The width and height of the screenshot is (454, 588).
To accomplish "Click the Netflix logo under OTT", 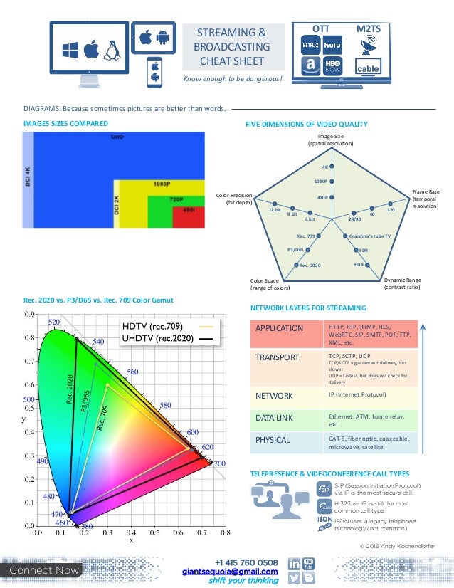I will [310, 45].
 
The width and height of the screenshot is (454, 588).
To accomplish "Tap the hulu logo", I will [332, 45].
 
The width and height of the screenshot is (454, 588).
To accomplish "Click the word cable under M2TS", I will [368, 69].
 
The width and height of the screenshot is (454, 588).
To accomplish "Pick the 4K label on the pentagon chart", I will [324, 167].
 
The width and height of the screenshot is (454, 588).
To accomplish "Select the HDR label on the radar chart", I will [359, 265].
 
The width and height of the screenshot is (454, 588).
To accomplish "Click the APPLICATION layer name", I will [279, 328].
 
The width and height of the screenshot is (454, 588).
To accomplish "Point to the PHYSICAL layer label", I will [273, 440].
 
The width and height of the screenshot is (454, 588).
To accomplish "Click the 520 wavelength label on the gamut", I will [54, 322].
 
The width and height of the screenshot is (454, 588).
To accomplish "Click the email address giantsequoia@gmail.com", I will [229, 571].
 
